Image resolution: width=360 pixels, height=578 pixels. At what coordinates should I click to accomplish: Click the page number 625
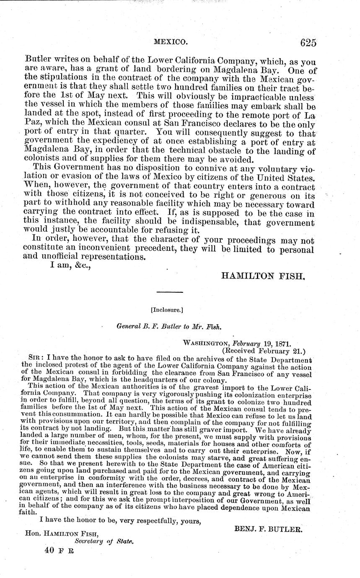pos(308,42)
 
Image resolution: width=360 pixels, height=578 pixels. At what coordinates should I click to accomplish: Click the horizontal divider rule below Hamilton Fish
pos(169,292)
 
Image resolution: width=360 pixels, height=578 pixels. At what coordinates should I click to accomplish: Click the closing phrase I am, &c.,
pos(65,266)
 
